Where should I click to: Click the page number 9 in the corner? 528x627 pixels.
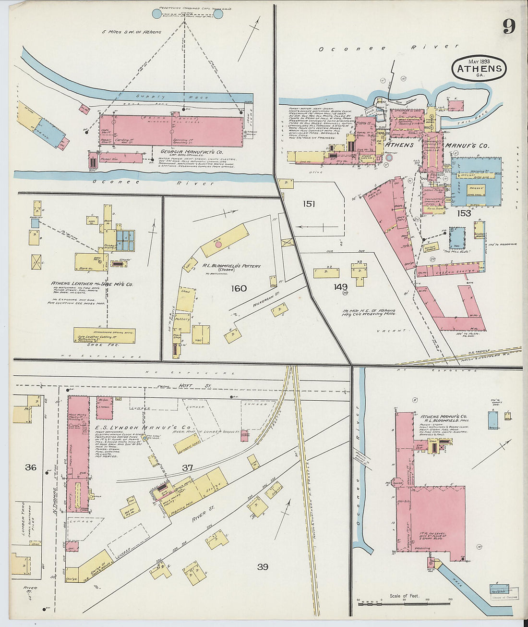point(509,26)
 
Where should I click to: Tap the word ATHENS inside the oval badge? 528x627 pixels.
point(479,69)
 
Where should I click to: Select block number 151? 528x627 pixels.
point(309,204)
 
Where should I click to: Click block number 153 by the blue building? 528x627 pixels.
point(464,213)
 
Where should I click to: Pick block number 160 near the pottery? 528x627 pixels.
point(239,288)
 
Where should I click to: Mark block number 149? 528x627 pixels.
point(341,287)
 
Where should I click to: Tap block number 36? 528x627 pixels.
point(31,467)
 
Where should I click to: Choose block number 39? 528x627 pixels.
point(262,567)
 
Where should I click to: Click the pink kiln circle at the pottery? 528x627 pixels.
point(218,244)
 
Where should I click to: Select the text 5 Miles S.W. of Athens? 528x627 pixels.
point(132,32)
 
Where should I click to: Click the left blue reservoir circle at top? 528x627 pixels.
point(157,13)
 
